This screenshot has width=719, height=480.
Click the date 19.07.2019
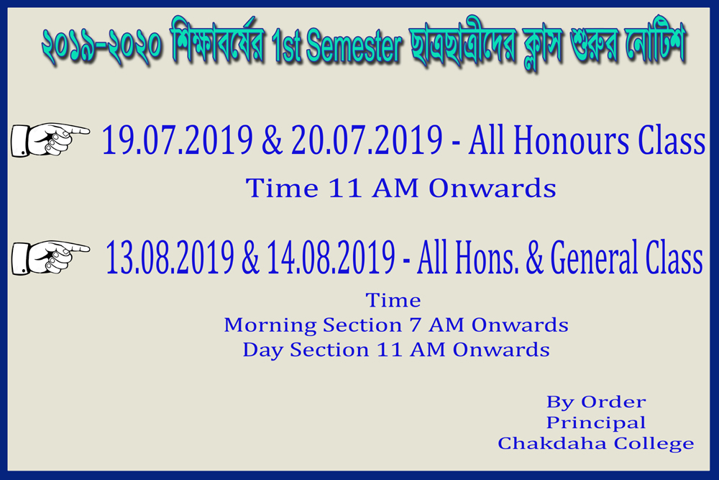[177, 140]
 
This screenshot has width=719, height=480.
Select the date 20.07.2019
[367, 140]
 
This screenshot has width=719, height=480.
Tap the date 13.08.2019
[170, 257]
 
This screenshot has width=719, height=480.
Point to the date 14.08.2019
[331, 257]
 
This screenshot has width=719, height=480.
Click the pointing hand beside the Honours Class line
[50, 139]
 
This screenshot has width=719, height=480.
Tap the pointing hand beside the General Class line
[50, 258]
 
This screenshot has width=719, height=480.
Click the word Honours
[570, 140]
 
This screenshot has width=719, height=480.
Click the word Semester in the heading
[354, 46]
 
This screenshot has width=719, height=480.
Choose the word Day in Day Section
[262, 350]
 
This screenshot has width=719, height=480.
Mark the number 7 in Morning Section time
[416, 325]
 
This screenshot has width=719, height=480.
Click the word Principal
[595, 423]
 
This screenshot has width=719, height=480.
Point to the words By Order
[596, 402]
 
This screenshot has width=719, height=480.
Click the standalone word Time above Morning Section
[393, 301]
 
